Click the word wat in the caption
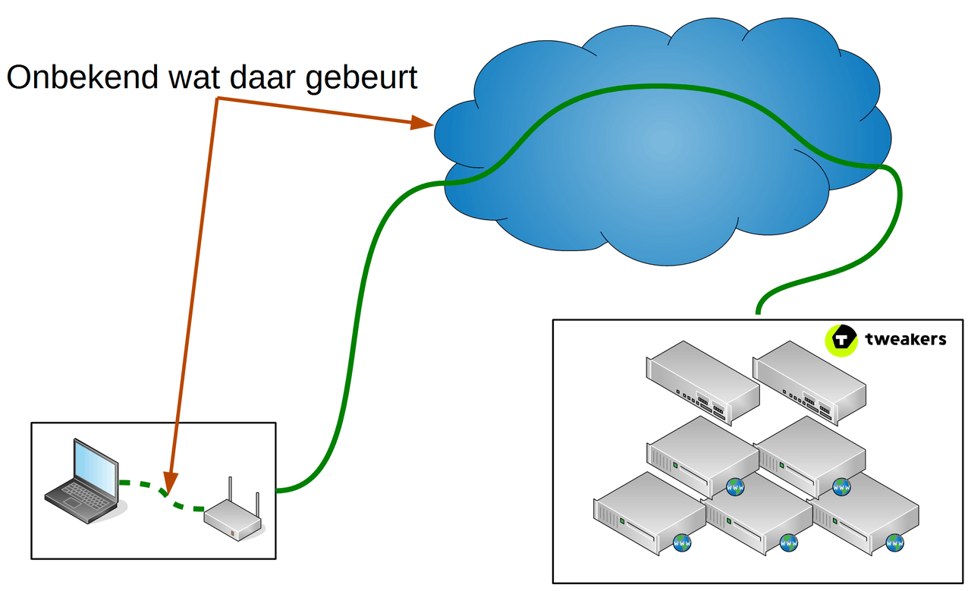[x=197, y=78]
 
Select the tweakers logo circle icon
[x=841, y=339]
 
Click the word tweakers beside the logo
[x=905, y=339]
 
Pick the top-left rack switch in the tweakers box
[x=702, y=382]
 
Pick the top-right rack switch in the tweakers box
[x=809, y=382]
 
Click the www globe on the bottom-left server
[x=682, y=543]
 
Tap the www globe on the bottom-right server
[x=895, y=543]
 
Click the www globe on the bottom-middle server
[x=789, y=543]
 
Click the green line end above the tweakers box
[x=758, y=310]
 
